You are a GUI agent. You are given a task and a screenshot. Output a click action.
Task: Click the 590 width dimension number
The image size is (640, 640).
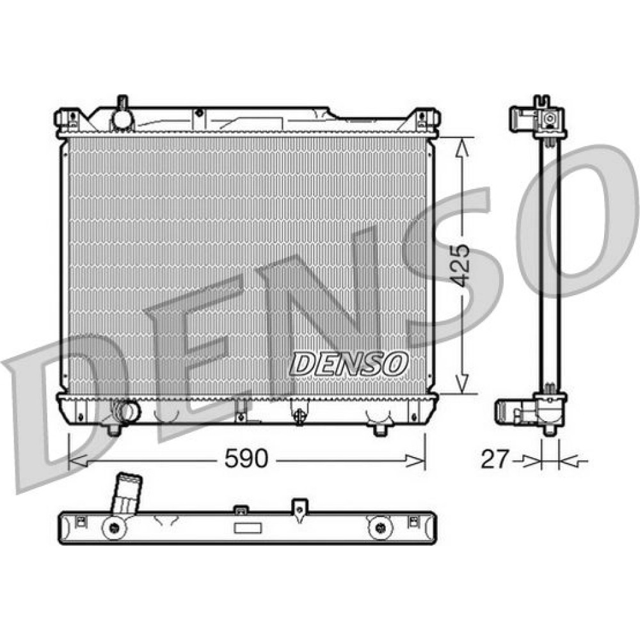coord(246,458)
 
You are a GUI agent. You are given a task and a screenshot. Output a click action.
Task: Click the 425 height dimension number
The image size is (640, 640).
coord(461,266)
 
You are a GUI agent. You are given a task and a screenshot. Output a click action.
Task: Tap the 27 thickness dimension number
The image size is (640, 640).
coord(495,459)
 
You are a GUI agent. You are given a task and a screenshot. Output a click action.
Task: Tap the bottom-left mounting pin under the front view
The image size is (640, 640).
coord(115,430)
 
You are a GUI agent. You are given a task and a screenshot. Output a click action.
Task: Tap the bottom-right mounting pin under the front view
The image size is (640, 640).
coord(380,430)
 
